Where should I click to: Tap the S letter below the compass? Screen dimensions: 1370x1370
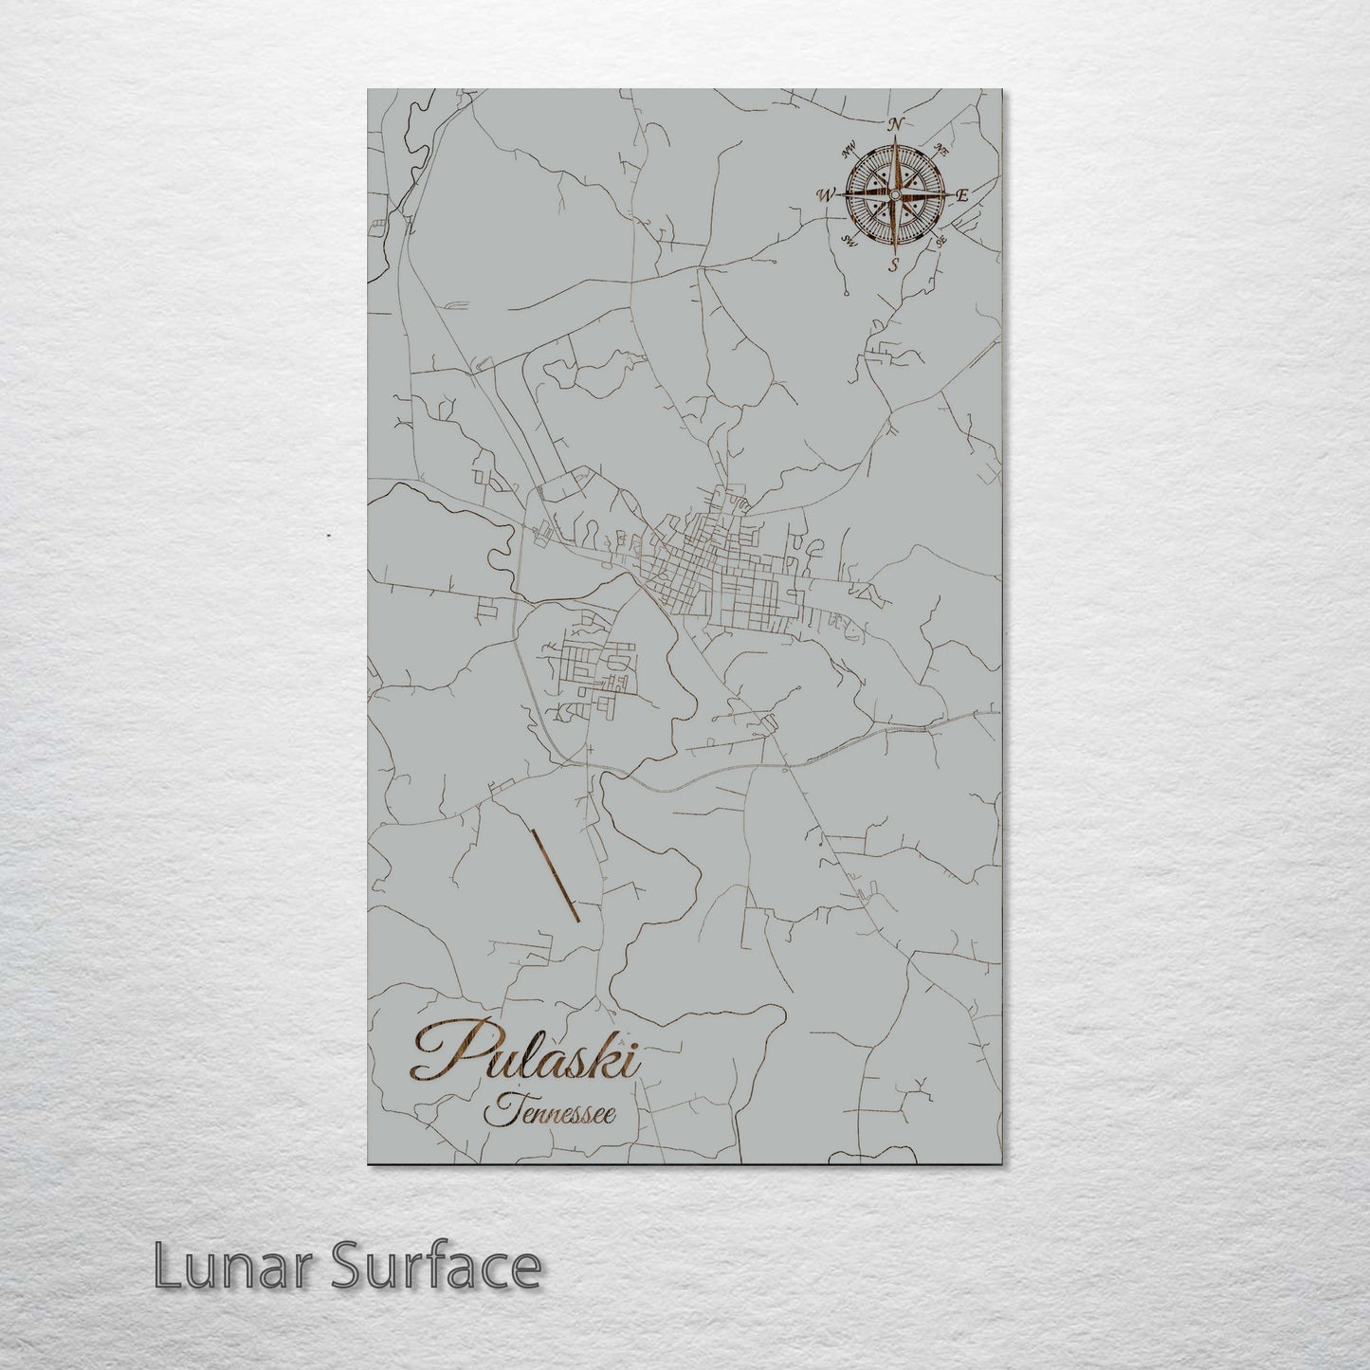pyautogui.click(x=891, y=266)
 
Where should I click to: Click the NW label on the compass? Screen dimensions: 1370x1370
pyautogui.click(x=849, y=148)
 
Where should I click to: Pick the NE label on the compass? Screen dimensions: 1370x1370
pyautogui.click(x=941, y=149)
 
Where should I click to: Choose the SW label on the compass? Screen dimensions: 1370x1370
pyautogui.click(x=849, y=242)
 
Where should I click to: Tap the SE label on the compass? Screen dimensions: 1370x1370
pyautogui.click(x=940, y=242)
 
